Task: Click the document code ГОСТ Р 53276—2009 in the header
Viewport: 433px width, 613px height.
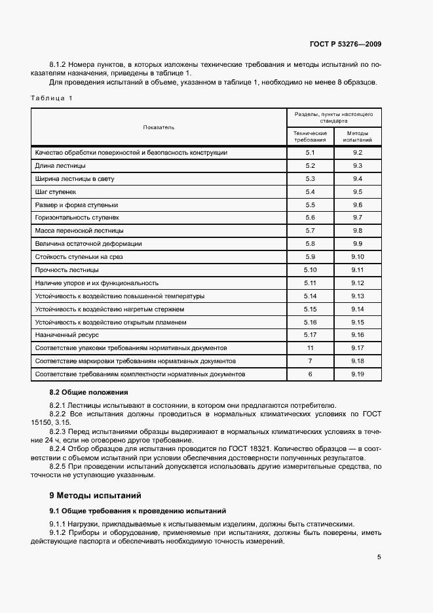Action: coord(345,45)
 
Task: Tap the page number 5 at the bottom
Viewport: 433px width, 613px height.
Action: coord(379,557)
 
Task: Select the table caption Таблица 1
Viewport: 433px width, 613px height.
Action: coord(52,98)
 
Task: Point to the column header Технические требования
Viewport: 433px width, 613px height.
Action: coord(311,136)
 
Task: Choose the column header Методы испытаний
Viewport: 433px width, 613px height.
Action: coord(358,136)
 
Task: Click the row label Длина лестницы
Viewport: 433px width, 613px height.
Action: coord(60,166)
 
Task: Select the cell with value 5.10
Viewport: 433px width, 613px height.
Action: coord(311,270)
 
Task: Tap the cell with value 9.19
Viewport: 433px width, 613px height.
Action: coord(358,374)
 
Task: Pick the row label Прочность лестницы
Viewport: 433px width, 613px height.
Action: coord(67,270)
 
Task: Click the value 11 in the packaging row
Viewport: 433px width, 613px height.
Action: coord(311,348)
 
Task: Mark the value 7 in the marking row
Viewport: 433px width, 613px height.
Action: coord(311,361)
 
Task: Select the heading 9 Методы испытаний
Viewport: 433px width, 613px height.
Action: coord(95,495)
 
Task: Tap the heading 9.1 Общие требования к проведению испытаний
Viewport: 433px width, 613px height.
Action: coord(138,510)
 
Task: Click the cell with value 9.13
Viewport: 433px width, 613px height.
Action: coord(358,296)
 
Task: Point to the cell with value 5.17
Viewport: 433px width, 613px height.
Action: coord(311,335)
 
